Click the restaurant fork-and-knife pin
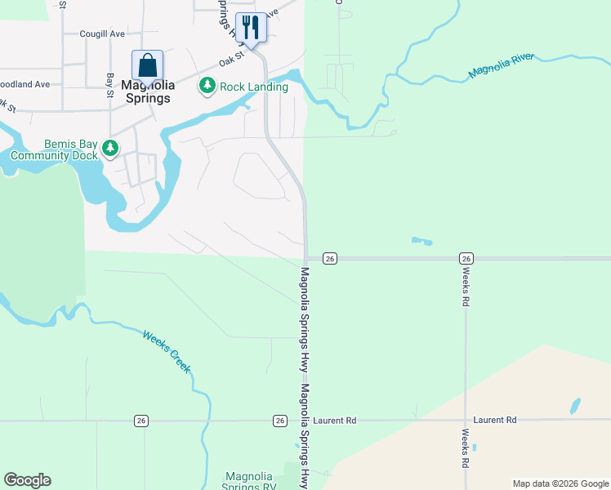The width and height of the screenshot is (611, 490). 250,28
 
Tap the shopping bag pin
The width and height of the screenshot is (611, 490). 147,65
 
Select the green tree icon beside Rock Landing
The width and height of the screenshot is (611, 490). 207,86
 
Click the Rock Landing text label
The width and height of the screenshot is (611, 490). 253,87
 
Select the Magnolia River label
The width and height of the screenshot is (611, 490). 501,67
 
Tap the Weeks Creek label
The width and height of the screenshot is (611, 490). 167,351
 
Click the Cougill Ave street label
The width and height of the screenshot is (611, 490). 102,34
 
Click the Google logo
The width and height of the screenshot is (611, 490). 27,480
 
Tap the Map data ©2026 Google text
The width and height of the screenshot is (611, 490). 560,483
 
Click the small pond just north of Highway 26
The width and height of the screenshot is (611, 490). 421,241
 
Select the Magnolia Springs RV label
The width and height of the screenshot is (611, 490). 249,481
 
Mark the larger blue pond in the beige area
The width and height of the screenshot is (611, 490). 575,406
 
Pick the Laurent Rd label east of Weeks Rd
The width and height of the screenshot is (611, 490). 494,420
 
